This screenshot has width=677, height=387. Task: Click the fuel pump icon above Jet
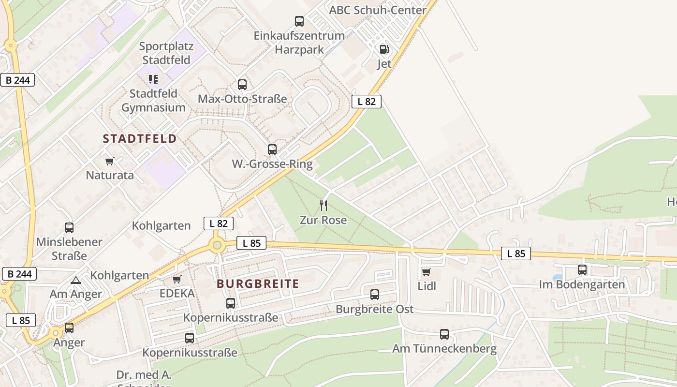[x=384, y=49]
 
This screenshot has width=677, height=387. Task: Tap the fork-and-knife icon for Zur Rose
[x=324, y=206]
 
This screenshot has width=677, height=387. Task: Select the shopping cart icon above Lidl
[x=426, y=272]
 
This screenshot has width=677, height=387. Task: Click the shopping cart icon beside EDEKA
[x=177, y=280]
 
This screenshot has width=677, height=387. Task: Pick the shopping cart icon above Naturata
[x=110, y=161]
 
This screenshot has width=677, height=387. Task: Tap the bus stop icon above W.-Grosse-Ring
[x=272, y=149]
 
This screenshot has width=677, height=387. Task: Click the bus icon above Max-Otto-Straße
[x=242, y=85]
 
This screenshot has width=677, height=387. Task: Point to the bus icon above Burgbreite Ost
[x=375, y=294]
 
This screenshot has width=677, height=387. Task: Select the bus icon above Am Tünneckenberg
[x=444, y=334]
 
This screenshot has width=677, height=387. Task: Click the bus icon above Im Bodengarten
[x=582, y=270]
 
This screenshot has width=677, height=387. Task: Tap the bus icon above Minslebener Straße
[x=69, y=227]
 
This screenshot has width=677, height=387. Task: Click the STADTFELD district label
[x=140, y=139]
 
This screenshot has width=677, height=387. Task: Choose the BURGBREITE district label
[x=258, y=284]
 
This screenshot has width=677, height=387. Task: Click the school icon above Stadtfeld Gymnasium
[x=153, y=79]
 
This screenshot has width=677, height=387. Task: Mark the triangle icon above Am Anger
[x=76, y=280]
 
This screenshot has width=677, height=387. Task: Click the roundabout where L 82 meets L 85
[x=217, y=245]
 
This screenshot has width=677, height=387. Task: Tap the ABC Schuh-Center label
[x=378, y=10]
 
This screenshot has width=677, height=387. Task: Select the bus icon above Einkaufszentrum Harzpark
[x=299, y=21]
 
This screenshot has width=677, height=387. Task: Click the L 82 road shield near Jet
[x=367, y=101]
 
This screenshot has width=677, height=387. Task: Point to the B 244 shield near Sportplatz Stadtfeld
[x=17, y=80]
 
